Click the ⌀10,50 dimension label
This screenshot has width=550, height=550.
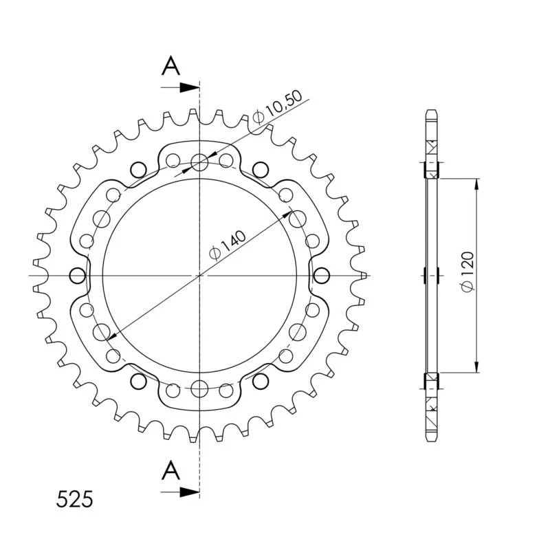277,107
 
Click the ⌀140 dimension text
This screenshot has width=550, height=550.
228,245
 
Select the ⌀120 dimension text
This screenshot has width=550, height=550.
467,271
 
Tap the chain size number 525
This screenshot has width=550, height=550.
75,499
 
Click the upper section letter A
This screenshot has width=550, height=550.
170,65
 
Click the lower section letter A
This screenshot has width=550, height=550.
170,470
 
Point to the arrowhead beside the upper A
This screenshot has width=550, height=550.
190,88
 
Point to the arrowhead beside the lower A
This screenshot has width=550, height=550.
190,492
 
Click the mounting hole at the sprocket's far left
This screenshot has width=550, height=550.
78,276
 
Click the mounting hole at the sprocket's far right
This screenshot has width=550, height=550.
321,276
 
